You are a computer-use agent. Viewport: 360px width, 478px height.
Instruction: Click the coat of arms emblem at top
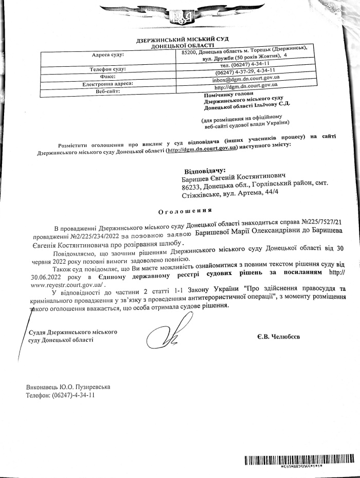179,19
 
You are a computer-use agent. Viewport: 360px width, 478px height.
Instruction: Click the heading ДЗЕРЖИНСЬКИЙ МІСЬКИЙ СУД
183,40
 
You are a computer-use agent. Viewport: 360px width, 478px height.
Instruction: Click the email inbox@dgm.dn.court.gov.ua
246,78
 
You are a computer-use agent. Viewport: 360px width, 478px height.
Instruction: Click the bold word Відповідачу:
205,170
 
